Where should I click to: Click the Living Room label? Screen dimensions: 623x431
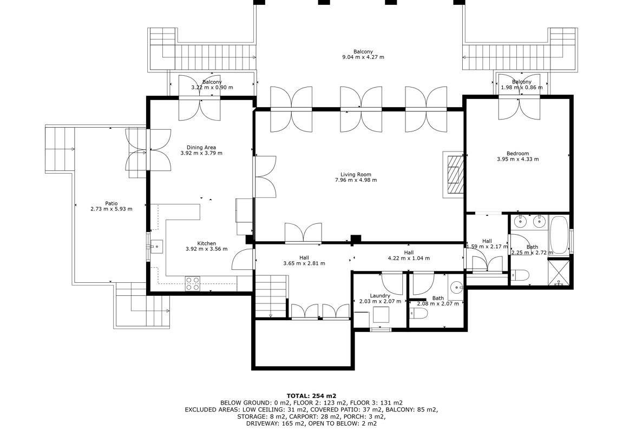pos(356,174)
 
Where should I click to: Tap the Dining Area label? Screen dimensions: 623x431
pos(201,148)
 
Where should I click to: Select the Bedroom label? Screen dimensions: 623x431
pos(517,154)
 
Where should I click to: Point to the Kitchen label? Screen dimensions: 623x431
pos(207,243)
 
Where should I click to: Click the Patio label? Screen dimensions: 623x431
pos(112,203)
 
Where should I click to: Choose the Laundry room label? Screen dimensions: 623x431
pos(380,296)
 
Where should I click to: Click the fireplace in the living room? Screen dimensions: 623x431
pos(454,174)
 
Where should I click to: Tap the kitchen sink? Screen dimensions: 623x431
pos(156,247)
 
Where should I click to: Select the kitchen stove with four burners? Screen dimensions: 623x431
pos(193,284)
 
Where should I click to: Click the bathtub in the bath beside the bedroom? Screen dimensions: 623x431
pos(559,235)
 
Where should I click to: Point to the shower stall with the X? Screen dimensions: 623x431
pos(560,272)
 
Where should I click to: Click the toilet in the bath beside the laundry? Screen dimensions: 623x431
pos(418,314)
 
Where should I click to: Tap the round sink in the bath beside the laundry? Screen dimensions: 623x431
pos(457,286)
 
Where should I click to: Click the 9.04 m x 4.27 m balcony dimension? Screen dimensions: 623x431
pos(363,57)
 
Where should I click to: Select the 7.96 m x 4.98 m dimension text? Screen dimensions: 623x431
pos(356,180)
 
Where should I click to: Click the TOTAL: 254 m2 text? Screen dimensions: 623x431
pos(312,396)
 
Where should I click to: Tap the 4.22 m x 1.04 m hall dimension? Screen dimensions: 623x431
pos(409,258)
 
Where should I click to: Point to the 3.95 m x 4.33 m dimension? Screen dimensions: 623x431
pos(517,159)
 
